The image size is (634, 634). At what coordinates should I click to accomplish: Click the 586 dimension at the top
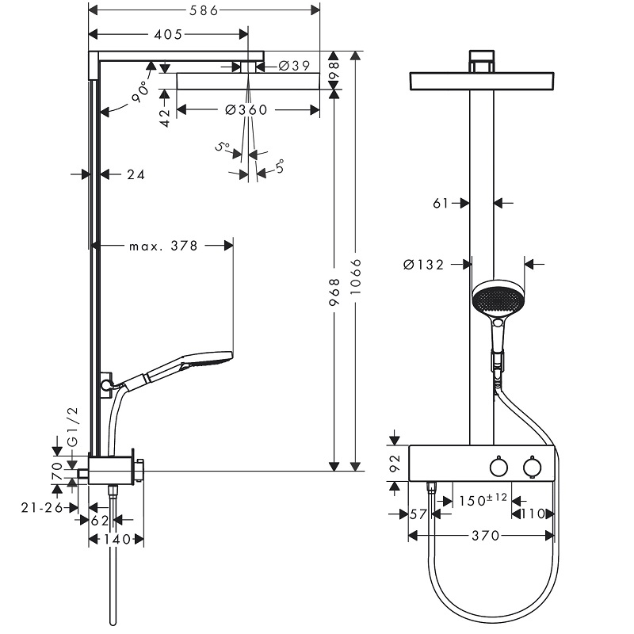[204, 10]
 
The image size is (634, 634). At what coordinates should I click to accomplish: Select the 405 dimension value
[168, 34]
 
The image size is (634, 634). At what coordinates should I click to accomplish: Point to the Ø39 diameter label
[294, 66]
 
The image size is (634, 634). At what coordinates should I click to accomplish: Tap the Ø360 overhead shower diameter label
[246, 109]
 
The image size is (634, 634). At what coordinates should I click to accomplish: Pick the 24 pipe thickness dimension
[136, 174]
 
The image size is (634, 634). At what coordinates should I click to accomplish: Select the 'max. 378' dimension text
[163, 246]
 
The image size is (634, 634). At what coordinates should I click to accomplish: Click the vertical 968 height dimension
[334, 292]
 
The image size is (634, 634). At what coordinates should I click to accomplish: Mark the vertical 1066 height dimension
[355, 277]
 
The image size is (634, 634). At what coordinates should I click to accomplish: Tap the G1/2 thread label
[73, 427]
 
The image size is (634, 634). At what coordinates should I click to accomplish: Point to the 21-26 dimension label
[42, 507]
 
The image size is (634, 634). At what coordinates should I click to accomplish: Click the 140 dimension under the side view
[116, 539]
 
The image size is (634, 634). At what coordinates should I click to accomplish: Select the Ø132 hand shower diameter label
[424, 265]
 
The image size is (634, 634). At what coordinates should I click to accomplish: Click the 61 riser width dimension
[441, 203]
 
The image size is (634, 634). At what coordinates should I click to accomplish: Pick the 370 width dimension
[486, 536]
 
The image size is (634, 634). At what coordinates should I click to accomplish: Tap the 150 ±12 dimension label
[483, 500]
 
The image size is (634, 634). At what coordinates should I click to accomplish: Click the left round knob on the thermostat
[498, 467]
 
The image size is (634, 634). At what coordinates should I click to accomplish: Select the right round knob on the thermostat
[532, 467]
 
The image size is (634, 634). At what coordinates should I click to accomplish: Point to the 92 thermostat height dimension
[395, 463]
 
